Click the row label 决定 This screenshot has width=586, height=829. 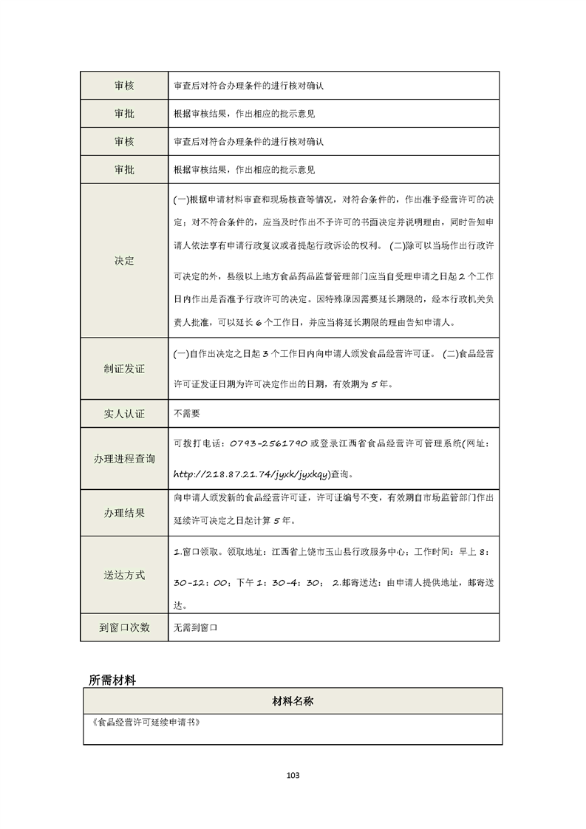coord(124,261)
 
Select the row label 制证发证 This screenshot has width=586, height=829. coord(124,369)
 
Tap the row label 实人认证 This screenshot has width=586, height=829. coord(124,414)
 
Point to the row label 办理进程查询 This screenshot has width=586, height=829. coord(124,459)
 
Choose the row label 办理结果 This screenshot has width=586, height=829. coord(124,513)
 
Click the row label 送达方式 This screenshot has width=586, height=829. coord(124,575)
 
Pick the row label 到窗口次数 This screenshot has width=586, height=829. coord(124,627)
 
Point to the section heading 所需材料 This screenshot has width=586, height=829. coord(112,680)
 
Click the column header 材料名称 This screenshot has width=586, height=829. coord(293,701)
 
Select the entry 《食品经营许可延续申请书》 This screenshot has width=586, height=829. coord(144,723)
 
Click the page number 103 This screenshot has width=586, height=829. coord(293,775)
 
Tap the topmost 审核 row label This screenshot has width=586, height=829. coord(124,85)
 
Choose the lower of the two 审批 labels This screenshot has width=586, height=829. coord(124,169)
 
